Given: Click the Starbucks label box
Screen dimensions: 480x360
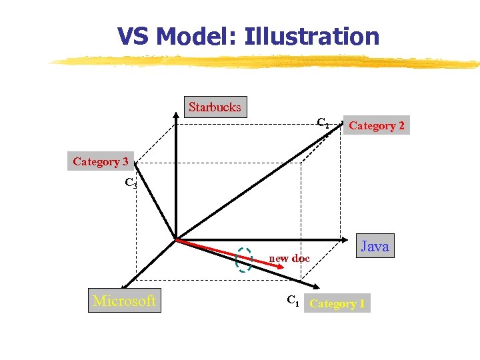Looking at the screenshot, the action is (214, 107).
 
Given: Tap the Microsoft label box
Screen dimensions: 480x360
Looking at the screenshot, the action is (124, 301).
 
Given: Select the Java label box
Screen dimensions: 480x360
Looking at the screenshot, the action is (374, 246).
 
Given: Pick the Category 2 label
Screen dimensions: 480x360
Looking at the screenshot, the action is (376, 125).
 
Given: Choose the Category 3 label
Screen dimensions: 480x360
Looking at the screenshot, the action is (101, 161).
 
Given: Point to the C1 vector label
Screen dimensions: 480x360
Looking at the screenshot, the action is (293, 301).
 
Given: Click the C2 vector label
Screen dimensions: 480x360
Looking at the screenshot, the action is (323, 123).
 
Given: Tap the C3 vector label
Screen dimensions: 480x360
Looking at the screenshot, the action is (131, 183).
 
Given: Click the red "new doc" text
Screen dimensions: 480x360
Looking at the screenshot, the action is (289, 258).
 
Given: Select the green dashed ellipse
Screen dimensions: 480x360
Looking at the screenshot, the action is (244, 260).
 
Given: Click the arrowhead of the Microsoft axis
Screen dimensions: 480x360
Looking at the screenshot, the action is (125, 285).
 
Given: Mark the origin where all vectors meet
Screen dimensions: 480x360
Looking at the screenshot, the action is (175, 239).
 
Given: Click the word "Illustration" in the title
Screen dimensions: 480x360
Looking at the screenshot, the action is (312, 36).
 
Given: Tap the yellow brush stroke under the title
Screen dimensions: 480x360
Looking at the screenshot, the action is (267, 62).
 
